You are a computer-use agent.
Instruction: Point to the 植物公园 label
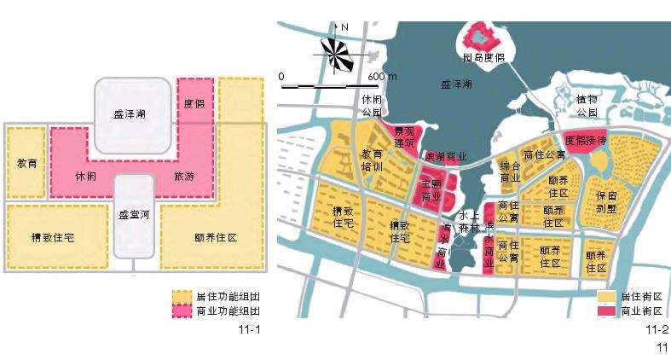[x=587, y=106]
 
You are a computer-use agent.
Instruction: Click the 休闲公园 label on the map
[x=373, y=107]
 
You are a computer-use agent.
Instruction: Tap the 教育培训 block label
[x=372, y=160]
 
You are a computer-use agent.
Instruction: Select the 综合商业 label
[x=510, y=171]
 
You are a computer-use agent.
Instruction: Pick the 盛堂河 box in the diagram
[x=132, y=213]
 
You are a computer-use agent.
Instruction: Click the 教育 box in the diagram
[x=26, y=162]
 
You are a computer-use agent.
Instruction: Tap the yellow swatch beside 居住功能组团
[x=182, y=297]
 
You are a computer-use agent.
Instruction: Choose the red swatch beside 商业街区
[x=606, y=311]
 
